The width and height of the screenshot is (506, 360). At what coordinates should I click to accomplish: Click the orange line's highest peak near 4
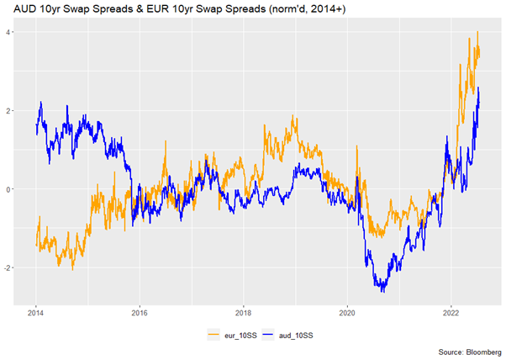[477, 32]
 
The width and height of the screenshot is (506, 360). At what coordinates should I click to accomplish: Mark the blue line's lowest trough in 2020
[383, 291]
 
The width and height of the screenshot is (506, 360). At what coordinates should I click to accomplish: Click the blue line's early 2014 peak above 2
[41, 103]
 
